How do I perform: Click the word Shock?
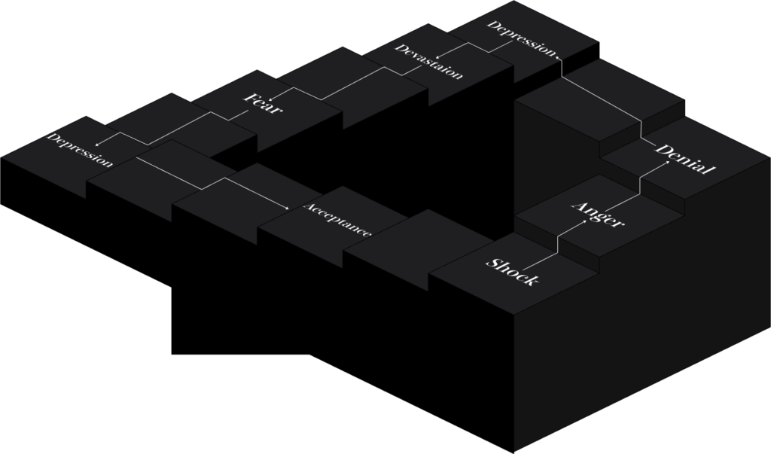coord(512,272)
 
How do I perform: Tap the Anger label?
coord(599,215)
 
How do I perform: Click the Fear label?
coord(262,103)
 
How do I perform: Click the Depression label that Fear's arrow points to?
coord(80,150)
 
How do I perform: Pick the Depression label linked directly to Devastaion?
coord(521,37)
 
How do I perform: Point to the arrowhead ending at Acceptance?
coord(288,208)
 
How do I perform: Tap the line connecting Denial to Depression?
coord(602,105)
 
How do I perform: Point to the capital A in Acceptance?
coord(306,206)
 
